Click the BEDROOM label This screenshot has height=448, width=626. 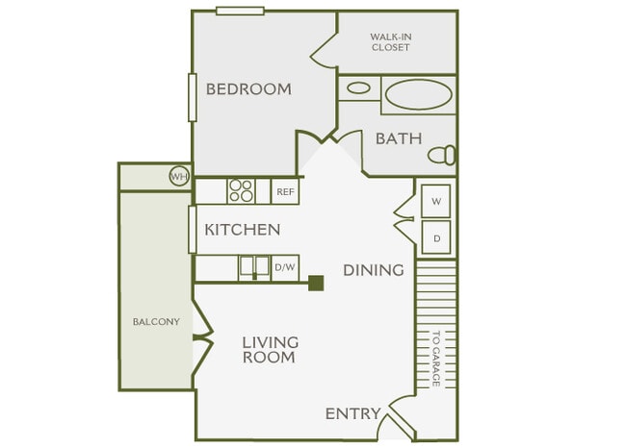(x=248, y=89)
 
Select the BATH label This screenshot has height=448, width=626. (x=398, y=138)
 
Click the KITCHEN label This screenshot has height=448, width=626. (x=242, y=230)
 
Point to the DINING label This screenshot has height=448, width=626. (x=373, y=270)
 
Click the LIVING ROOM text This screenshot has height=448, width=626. (x=270, y=349)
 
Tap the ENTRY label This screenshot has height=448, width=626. (x=352, y=414)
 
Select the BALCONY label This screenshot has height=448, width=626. (x=156, y=321)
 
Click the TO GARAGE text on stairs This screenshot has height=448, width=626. (x=435, y=359)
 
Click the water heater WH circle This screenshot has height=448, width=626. (x=178, y=176)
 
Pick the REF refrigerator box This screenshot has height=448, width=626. (x=285, y=191)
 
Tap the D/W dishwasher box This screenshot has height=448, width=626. (x=284, y=268)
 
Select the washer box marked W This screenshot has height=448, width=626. (x=436, y=201)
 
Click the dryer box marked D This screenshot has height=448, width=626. (x=436, y=237)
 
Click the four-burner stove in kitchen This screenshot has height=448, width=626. (x=241, y=191)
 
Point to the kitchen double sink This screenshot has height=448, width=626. (x=254, y=267)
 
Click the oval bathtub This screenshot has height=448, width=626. (x=418, y=95)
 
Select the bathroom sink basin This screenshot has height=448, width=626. (x=358, y=88)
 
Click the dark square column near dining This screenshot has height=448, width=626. (x=316, y=283)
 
